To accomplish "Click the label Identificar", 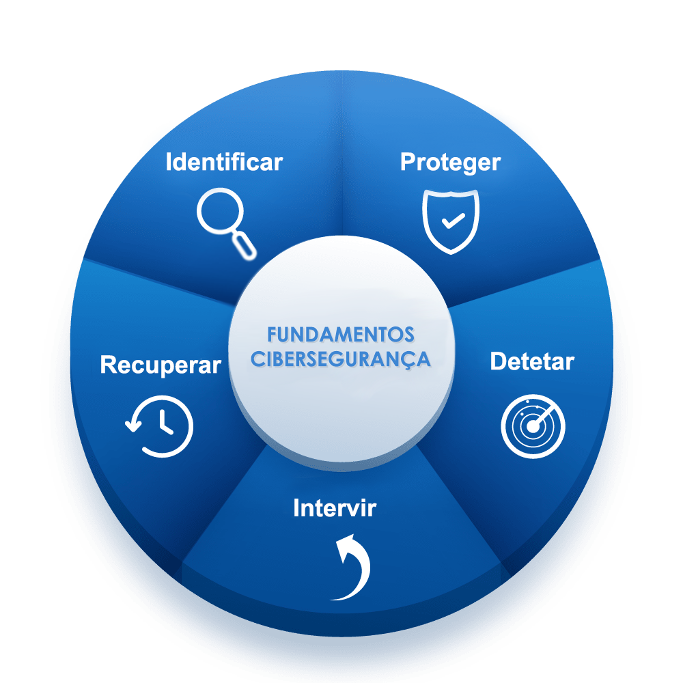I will click(x=224, y=163).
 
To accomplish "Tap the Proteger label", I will click(x=450, y=163).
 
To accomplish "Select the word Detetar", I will click(x=532, y=362).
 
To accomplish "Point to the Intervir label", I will click(x=334, y=508).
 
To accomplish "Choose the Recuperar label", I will click(x=161, y=365).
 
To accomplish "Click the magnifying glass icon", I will click(x=226, y=222).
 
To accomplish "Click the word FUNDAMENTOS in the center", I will click(x=340, y=335).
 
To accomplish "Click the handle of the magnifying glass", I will click(x=245, y=245).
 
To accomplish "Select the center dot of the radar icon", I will click(x=533, y=427).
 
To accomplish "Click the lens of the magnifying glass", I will click(x=219, y=212).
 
